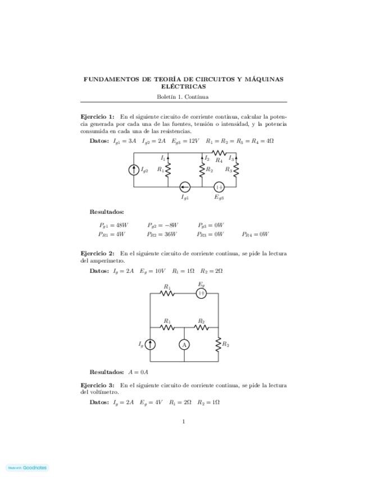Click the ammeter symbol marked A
[184, 344]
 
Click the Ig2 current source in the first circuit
[134, 169]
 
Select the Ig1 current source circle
[184, 187]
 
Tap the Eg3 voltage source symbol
[219, 187]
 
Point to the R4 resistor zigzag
[219, 153]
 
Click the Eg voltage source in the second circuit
[201, 293]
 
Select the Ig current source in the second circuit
[151, 344]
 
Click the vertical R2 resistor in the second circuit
[218, 344]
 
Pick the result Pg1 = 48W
[113, 225]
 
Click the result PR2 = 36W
[162, 234]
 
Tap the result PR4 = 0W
[256, 234]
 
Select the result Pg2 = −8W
[162, 225]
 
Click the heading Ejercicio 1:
[98, 116]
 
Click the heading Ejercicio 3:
[98, 385]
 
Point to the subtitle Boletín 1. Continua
[183, 97]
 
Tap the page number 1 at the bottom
[184, 421]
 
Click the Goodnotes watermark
[27, 467]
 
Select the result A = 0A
[138, 372]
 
